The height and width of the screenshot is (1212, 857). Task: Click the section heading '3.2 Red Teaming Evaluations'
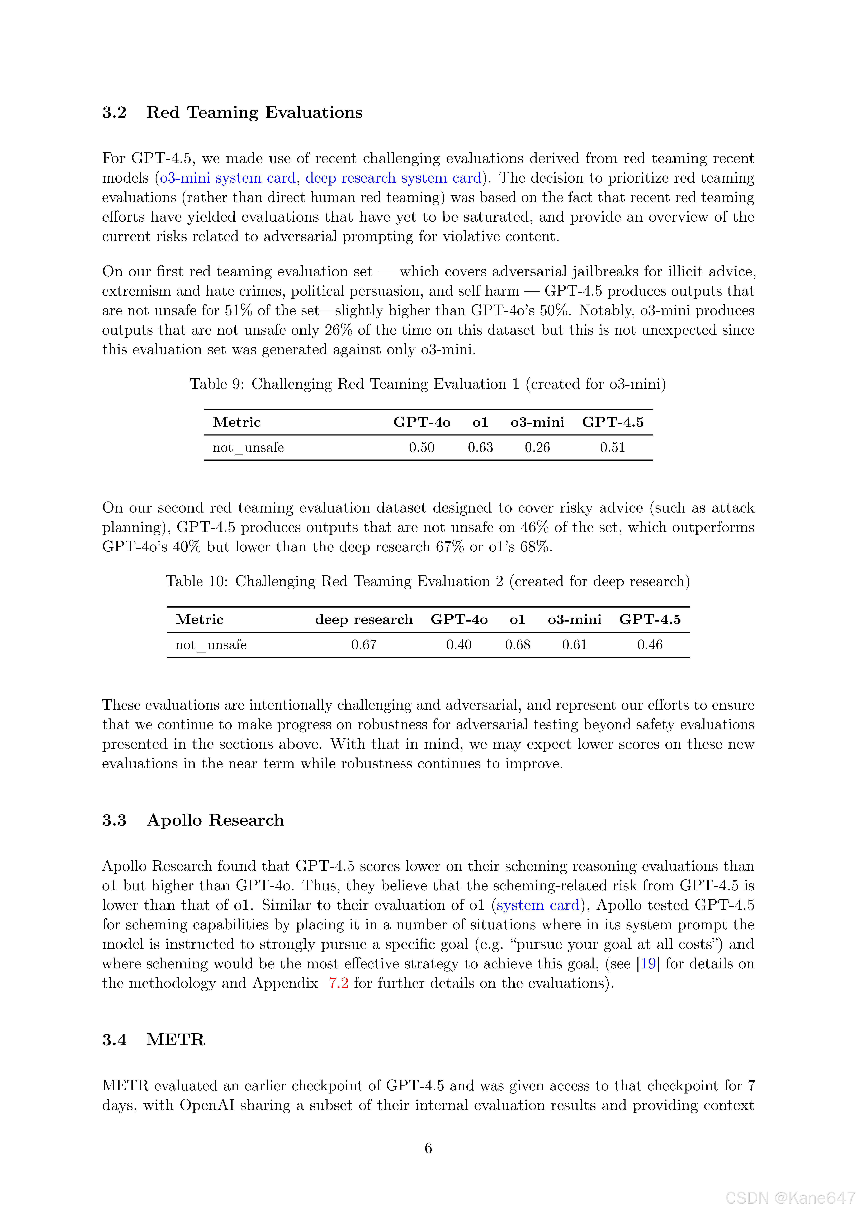pos(232,112)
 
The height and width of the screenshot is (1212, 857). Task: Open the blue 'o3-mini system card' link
pos(228,178)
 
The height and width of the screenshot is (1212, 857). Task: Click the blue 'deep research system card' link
pos(393,178)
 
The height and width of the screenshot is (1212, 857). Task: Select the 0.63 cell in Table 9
pos(480,448)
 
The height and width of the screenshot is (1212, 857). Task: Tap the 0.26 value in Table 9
pos(537,448)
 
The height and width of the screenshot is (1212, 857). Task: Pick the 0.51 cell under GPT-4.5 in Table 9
pos(612,448)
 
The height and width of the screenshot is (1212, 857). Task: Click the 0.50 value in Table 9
pos(421,448)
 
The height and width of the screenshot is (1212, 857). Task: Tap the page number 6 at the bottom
pos(428,1148)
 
